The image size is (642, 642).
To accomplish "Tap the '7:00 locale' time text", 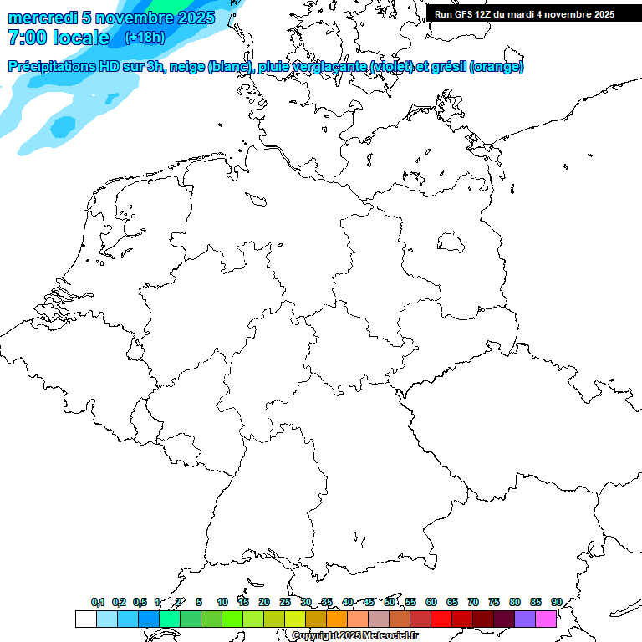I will (59, 38).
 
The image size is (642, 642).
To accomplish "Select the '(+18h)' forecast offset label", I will (145, 38).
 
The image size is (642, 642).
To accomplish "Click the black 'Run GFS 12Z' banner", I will (524, 13).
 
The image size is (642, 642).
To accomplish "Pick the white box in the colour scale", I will (85, 619).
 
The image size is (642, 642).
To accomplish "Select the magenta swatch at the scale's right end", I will (546, 619).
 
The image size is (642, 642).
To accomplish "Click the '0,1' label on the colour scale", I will (98, 602).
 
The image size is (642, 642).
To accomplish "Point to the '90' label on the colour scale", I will (557, 602).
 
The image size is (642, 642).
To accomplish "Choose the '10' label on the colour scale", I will (222, 602).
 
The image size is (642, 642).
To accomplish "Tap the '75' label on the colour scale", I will (494, 602).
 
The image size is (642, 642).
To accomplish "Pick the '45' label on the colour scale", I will (369, 602).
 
